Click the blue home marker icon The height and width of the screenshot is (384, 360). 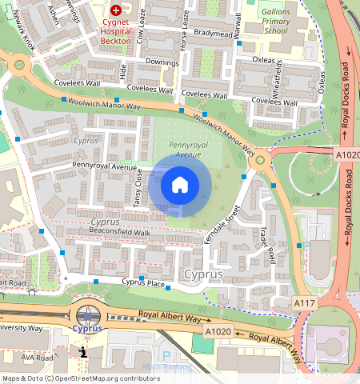(180, 185)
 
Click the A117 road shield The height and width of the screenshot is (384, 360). (303, 304)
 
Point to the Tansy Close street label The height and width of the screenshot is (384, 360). (137, 185)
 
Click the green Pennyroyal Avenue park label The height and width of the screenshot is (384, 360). (182, 149)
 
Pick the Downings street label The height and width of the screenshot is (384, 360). (161, 61)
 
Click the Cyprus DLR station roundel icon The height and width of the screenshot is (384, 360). (86, 315)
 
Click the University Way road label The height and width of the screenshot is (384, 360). (21, 328)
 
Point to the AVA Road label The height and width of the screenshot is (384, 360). (37, 358)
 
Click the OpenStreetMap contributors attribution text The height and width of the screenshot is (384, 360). (80, 378)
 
